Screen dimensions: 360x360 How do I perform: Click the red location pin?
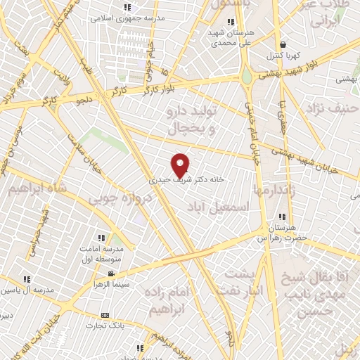pyautogui.click(x=181, y=165)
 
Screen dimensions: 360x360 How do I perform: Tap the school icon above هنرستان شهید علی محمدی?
pyautogui.click(x=231, y=21)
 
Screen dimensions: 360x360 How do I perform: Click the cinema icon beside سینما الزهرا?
pyautogui.click(x=110, y=273)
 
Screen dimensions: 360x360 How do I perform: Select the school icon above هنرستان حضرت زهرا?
pyautogui.click(x=282, y=217)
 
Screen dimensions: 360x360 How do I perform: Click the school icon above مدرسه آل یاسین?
pyautogui.click(x=27, y=279)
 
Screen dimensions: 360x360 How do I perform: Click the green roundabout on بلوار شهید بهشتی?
pyautogui.click(x=247, y=75)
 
